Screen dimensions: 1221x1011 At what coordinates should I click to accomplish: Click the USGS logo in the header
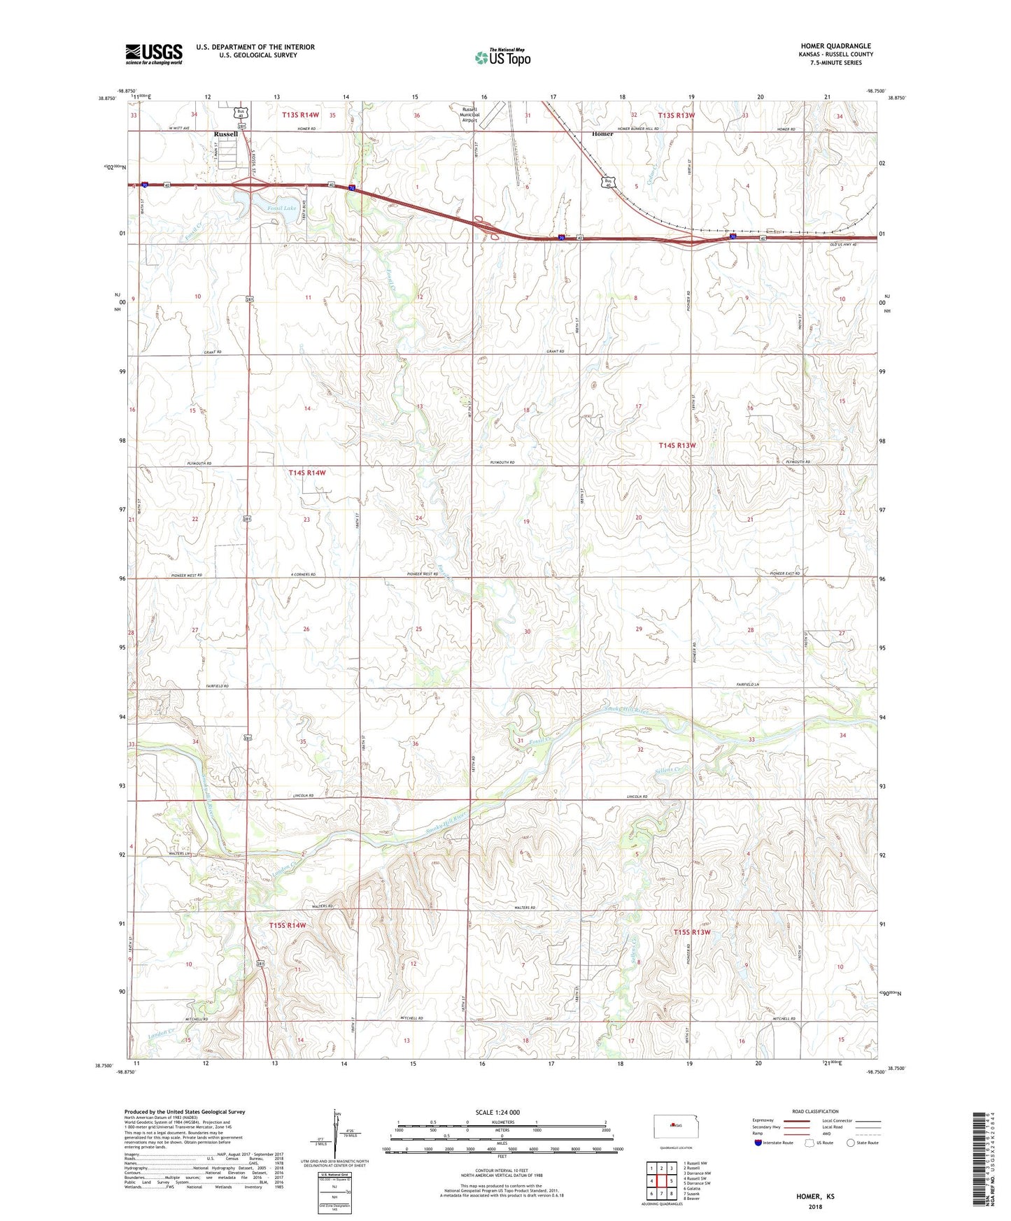[x=154, y=54]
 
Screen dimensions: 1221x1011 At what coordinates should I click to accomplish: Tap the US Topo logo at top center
[x=502, y=57]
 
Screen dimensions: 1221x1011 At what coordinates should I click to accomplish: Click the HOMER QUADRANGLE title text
[x=836, y=46]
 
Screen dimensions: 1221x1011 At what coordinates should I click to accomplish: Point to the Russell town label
[x=225, y=134]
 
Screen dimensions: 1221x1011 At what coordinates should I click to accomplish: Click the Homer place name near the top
[x=602, y=134]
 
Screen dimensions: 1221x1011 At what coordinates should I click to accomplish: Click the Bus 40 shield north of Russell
[x=241, y=113]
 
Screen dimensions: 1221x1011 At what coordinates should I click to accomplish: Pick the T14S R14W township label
[x=307, y=473]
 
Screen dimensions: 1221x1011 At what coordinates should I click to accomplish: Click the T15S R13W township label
[x=692, y=932]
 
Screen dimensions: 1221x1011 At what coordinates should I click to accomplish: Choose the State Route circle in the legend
[x=850, y=1143]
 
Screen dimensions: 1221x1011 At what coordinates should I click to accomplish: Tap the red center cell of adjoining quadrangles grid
[x=661, y=1181]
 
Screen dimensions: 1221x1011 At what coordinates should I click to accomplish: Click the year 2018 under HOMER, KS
[x=815, y=1206]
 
